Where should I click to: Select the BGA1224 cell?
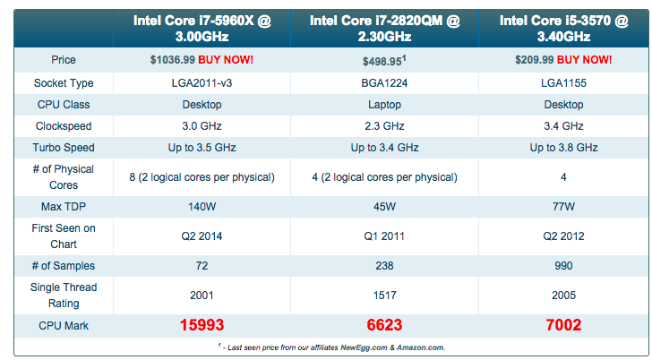tap(384, 83)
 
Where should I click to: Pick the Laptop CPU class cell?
tap(384, 105)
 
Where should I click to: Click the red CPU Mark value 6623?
tap(384, 326)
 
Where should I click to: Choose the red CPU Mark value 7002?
tap(562, 326)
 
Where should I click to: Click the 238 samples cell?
tap(384, 266)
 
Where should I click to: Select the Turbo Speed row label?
tap(64, 148)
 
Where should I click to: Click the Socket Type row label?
tap(64, 83)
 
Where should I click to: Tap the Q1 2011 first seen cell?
tap(384, 236)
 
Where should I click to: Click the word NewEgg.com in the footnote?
tap(364, 347)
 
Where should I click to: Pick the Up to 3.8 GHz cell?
tap(562, 148)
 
